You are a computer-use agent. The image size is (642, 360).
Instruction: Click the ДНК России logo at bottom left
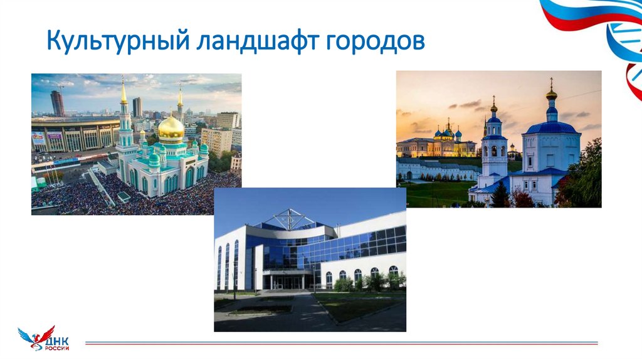click(x=44, y=339)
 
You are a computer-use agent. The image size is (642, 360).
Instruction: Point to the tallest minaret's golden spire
click(x=124, y=91)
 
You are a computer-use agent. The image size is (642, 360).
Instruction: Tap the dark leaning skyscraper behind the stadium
click(x=58, y=103)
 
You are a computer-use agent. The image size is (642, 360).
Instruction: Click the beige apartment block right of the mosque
click(x=216, y=140)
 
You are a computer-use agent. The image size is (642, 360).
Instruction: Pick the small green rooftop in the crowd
click(x=124, y=196)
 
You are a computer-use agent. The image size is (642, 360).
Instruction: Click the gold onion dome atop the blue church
click(x=551, y=94)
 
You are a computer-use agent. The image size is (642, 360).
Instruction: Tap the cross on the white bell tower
click(x=494, y=99)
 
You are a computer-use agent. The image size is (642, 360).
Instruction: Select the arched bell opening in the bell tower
click(x=494, y=151)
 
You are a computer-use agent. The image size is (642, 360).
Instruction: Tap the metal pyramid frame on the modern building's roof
click(x=290, y=220)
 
